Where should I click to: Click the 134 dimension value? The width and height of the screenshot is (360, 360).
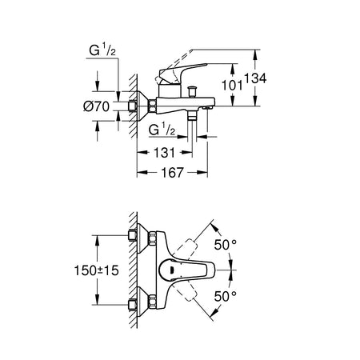[x=255, y=78]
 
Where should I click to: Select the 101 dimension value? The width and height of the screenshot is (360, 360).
[x=232, y=86]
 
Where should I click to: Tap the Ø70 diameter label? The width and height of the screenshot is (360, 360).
[x=96, y=106]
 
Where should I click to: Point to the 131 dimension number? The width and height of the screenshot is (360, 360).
[x=165, y=153]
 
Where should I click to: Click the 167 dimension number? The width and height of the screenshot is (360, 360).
[x=173, y=173]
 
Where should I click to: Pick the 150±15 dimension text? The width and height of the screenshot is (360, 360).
[x=96, y=270]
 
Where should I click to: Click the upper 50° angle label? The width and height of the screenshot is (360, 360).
[x=226, y=245]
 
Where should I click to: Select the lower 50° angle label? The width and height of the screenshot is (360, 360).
[x=226, y=296]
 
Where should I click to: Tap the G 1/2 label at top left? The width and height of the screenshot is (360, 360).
[x=102, y=50]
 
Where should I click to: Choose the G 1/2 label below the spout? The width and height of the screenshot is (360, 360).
[x=162, y=130]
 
